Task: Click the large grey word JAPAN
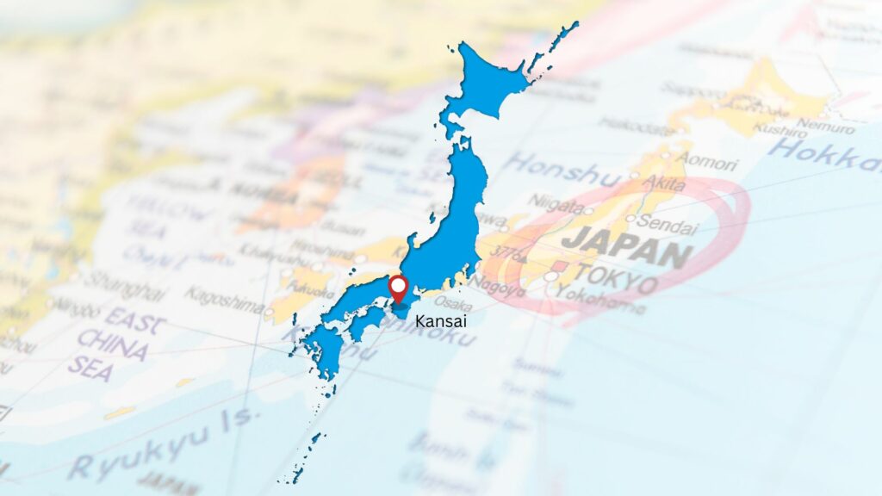[x=626, y=245]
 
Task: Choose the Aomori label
[x=706, y=160]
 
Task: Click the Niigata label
[x=554, y=205]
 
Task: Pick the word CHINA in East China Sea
[x=112, y=345]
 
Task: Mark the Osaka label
[x=452, y=303]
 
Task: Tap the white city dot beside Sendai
[x=630, y=219]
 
